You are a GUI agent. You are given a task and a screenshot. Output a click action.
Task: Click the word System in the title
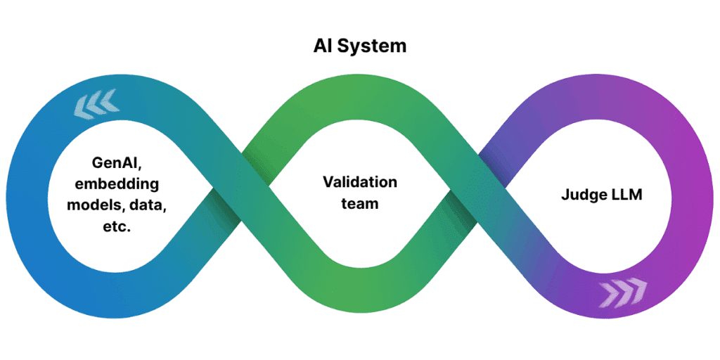coord(378,47)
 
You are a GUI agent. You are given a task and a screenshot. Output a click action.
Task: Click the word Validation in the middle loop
coord(360,182)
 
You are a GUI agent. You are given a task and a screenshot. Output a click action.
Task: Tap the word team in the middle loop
coord(360,204)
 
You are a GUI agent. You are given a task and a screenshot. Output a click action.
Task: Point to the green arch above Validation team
coord(360,98)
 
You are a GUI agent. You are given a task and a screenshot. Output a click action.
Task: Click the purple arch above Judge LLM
coord(598,98)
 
